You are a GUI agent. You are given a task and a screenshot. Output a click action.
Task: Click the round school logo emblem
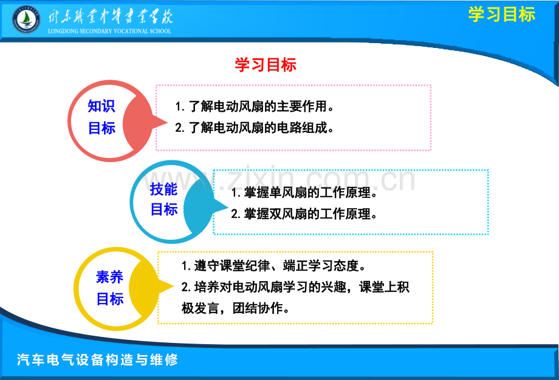tap(26, 19)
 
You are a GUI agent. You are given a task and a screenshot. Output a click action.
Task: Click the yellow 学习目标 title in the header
tap(502, 15)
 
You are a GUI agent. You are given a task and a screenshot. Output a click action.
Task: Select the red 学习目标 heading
tap(266, 65)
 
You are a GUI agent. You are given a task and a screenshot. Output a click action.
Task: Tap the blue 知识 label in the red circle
tap(101, 106)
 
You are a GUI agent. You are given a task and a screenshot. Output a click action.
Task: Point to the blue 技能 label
tap(163, 189)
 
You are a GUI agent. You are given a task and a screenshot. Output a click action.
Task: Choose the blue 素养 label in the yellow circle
tap(109, 277)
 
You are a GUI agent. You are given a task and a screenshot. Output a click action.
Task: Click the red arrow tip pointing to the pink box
tap(167, 123)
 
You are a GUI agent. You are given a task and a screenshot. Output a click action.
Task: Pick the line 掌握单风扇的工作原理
tap(304, 192)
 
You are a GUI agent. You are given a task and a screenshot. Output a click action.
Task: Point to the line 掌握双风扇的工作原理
tap(304, 214)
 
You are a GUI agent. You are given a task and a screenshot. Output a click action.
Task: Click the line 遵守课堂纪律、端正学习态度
tap(273, 266)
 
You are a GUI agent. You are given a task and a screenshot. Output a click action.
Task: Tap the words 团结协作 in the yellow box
tap(258, 308)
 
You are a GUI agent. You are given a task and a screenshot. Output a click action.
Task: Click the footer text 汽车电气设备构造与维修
tap(97, 359)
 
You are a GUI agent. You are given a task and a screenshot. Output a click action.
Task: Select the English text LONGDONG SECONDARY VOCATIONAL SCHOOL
tap(109, 31)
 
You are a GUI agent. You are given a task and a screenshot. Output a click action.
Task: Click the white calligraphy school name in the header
tap(110, 16)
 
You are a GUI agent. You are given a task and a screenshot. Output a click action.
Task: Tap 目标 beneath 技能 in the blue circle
tap(164, 209)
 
